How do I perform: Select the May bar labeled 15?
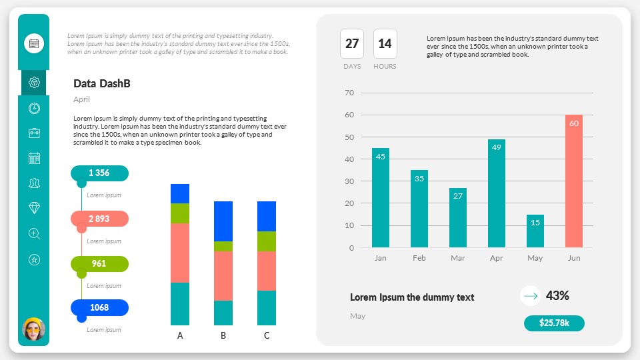pos(535,231)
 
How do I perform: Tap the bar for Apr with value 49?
pos(496,193)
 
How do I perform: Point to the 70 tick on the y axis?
pos(349,93)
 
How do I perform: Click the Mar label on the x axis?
pos(457,258)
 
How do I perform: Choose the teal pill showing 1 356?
pos(99,173)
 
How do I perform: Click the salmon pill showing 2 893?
pos(99,219)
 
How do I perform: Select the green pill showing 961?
pos(99,263)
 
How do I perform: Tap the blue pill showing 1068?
pos(99,307)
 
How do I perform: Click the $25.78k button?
pos(554,323)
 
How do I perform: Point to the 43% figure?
pos(557,295)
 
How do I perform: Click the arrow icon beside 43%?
pos(530,295)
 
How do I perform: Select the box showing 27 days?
pos(352,44)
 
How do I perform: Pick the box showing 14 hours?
pos(385,44)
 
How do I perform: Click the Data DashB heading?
pos(101,83)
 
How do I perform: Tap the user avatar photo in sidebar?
pos(33,329)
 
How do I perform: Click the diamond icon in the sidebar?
pos(35,208)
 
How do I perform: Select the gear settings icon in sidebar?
pos(35,83)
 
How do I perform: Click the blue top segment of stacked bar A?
pos(180,193)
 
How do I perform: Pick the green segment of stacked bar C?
pos(267,241)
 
